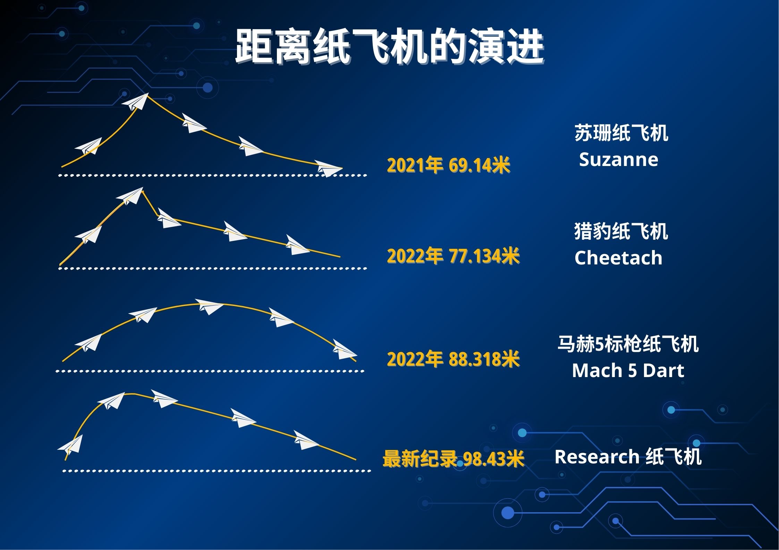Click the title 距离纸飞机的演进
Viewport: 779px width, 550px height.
389,47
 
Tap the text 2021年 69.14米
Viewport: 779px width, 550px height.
448,165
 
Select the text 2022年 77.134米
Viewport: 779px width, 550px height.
453,256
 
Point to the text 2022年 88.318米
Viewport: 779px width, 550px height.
453,359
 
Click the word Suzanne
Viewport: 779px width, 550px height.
618,160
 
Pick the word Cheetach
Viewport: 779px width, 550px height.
618,258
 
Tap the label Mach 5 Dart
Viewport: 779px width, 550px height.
628,370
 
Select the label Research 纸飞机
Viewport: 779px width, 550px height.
628,456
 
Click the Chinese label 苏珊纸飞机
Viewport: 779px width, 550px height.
621,133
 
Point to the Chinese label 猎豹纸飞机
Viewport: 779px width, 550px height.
621,232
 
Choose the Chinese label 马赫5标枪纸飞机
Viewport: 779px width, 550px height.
628,344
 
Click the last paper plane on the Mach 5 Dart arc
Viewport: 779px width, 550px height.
344,351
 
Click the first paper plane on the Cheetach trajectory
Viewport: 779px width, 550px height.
89,235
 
